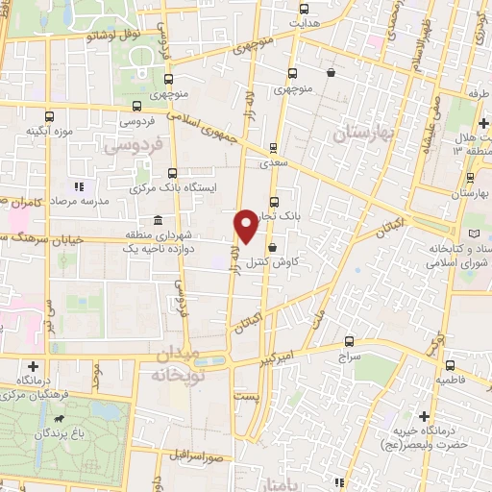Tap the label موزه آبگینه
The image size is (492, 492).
pos(49,131)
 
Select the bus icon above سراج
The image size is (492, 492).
pos(348,340)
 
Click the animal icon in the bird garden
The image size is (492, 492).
pos(60,420)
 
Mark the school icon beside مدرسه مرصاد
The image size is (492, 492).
pos(79,186)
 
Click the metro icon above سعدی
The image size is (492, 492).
pos(274,148)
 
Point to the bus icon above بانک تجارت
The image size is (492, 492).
pos(275,202)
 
